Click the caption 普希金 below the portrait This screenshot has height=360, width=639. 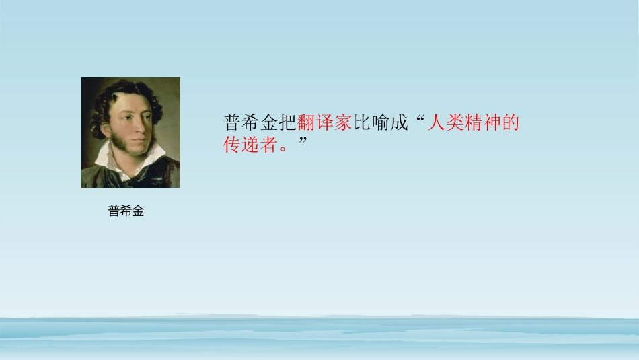(126, 211)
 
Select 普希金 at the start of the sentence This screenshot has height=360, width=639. (250, 123)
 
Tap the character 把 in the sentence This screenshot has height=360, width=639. (287, 123)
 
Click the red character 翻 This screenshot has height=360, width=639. (306, 123)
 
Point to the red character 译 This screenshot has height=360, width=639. (325, 123)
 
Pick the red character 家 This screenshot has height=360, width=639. (343, 123)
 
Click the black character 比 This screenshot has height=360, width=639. (362, 123)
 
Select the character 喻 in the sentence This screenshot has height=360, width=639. (381, 123)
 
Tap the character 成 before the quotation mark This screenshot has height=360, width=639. (399, 123)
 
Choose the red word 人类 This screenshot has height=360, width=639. (446, 123)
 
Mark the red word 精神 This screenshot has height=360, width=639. (483, 123)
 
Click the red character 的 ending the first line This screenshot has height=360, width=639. (511, 123)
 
